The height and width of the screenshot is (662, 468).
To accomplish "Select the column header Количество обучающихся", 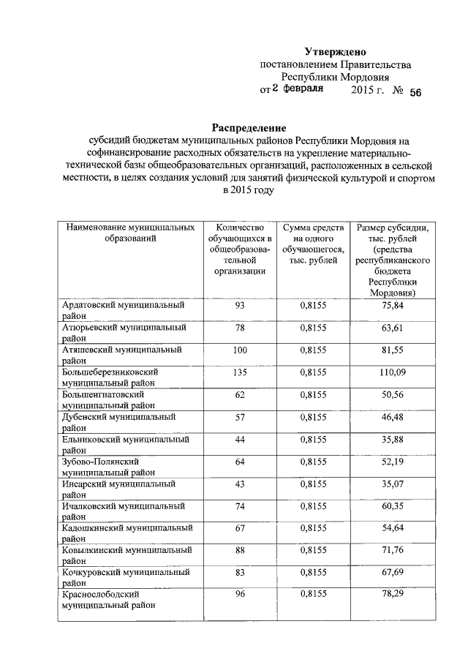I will (x=239, y=249).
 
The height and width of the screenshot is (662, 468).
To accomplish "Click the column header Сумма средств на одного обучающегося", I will (x=312, y=244).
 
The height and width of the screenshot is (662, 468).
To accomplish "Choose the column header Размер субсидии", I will (x=392, y=260).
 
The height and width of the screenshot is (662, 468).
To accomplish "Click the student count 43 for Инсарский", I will (x=239, y=484).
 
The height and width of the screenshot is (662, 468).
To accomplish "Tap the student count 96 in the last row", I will (x=239, y=595).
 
